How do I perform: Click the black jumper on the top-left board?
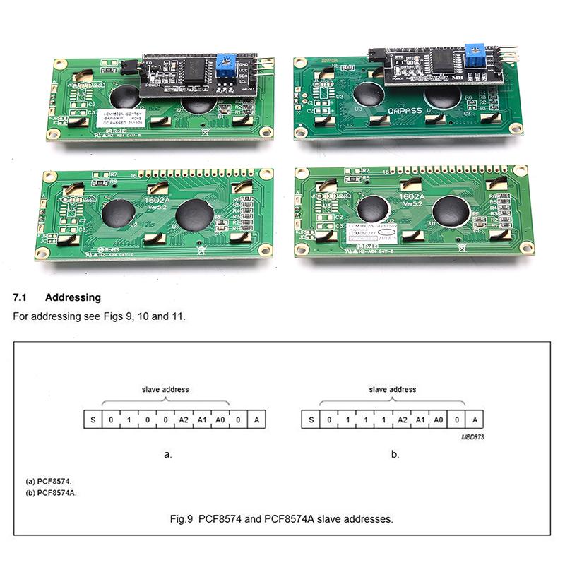click(x=127, y=68)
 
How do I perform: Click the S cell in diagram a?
click(x=93, y=420)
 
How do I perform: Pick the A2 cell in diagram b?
click(x=403, y=420)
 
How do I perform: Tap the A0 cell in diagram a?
click(x=220, y=420)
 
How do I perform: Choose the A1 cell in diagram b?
click(x=421, y=420)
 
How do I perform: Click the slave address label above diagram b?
click(x=393, y=389)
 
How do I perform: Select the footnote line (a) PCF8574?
click(x=49, y=481)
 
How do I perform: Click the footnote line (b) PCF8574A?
click(x=51, y=492)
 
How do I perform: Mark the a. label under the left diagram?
click(x=167, y=454)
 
